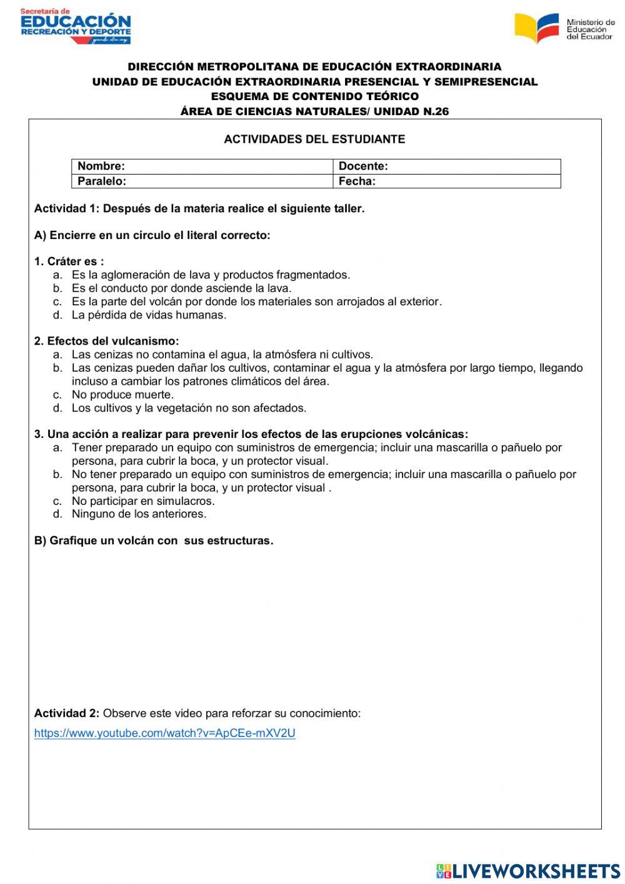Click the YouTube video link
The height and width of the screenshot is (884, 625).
(x=164, y=733)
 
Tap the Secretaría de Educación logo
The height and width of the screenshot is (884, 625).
(x=76, y=26)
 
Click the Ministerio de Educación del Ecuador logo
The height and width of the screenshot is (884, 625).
(x=564, y=28)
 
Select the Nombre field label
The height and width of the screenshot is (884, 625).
(x=101, y=166)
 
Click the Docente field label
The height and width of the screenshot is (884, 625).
(x=363, y=166)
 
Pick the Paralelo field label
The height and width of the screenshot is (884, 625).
(x=102, y=181)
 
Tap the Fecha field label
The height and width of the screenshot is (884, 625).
(x=357, y=181)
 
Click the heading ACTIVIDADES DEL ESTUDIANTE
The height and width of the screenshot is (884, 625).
(x=314, y=140)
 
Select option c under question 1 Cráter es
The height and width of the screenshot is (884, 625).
(x=256, y=302)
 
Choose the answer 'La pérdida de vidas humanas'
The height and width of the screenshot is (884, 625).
(x=149, y=315)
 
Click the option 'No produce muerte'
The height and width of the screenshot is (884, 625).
(x=122, y=395)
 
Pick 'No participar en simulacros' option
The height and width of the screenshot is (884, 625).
(x=142, y=501)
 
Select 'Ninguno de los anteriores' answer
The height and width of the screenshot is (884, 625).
(x=139, y=514)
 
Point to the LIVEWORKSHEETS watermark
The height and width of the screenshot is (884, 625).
(x=528, y=870)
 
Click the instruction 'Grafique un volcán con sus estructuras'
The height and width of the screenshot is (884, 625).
(x=154, y=541)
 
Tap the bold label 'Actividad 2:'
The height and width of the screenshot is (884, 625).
(x=66, y=713)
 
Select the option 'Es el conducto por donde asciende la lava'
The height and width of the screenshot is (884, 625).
(x=181, y=288)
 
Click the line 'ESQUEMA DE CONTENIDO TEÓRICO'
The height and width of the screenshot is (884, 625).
(x=314, y=96)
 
